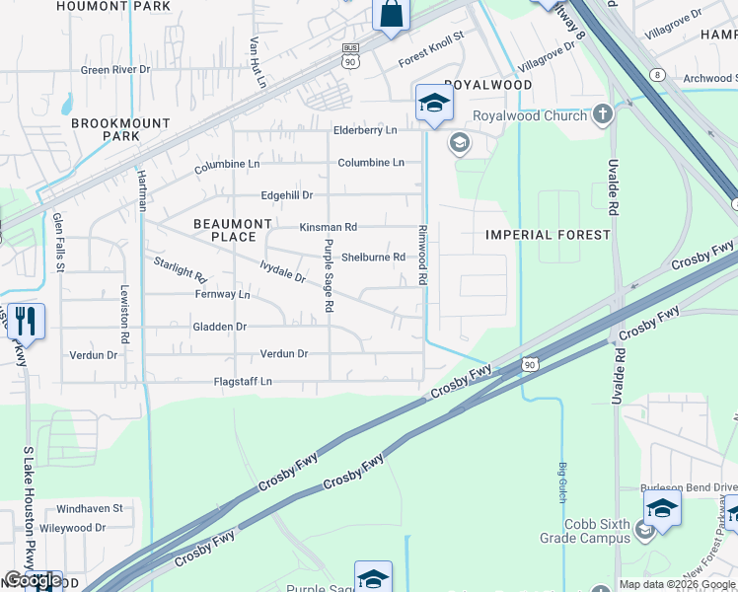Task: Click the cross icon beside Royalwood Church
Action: [x=603, y=115]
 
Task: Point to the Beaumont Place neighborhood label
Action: [x=232, y=230]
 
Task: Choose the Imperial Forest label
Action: [x=548, y=235]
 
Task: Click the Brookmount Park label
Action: [x=120, y=129]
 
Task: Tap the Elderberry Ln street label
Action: [x=365, y=130]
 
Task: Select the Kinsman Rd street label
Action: [x=329, y=227]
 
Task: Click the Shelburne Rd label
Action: [x=373, y=258]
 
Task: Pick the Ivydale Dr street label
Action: [x=282, y=271]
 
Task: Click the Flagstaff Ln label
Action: [x=243, y=382]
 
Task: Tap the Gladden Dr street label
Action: [x=219, y=327]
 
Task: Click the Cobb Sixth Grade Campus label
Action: [x=584, y=531]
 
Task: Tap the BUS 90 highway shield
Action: [x=350, y=56]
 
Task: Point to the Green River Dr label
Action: [x=114, y=70]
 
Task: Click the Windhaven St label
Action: [x=89, y=509]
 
